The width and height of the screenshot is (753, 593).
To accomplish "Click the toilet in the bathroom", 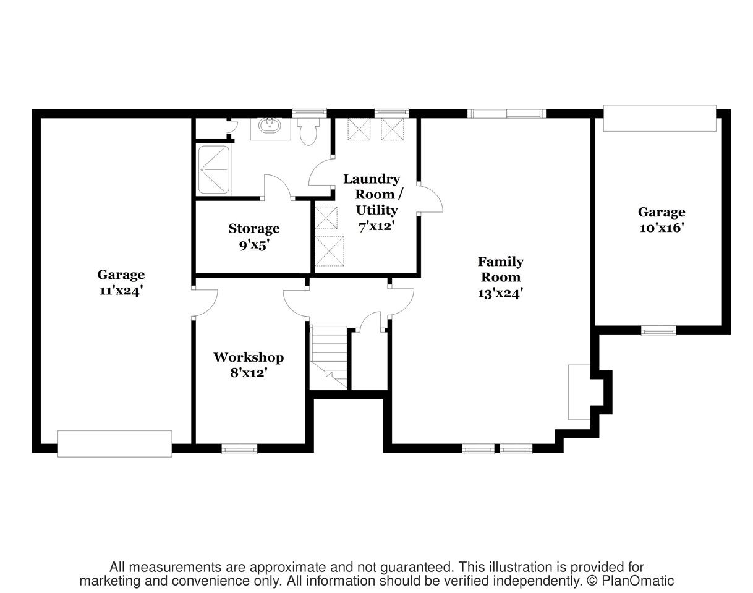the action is click(308, 131).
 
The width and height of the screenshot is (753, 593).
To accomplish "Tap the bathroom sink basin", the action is click(270, 126).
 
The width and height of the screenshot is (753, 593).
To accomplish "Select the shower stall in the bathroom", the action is click(214, 170).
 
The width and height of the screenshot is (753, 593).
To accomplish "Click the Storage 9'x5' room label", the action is click(254, 237).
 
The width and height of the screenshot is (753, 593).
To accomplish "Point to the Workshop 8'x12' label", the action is click(249, 365).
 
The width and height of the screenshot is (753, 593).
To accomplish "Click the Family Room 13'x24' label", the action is click(501, 277).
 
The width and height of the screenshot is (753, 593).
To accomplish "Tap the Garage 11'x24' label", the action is click(121, 283).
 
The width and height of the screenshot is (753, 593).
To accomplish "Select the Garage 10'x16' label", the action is click(662, 220).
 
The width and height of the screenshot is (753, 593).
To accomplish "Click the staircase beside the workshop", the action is click(329, 357).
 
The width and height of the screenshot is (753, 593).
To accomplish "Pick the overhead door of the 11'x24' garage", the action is click(115, 443).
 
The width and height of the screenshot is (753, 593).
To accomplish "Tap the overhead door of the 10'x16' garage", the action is click(660, 118).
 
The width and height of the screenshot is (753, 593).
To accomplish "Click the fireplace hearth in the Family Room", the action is click(579, 392).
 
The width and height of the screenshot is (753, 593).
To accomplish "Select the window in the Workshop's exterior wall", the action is click(240, 449).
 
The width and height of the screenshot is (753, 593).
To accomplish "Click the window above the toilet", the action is click(309, 113).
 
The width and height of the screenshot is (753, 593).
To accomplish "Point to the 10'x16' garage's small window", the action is click(658, 331).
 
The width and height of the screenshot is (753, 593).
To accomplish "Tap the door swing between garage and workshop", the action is click(205, 303).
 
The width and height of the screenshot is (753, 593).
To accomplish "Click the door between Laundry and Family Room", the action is click(430, 198).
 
